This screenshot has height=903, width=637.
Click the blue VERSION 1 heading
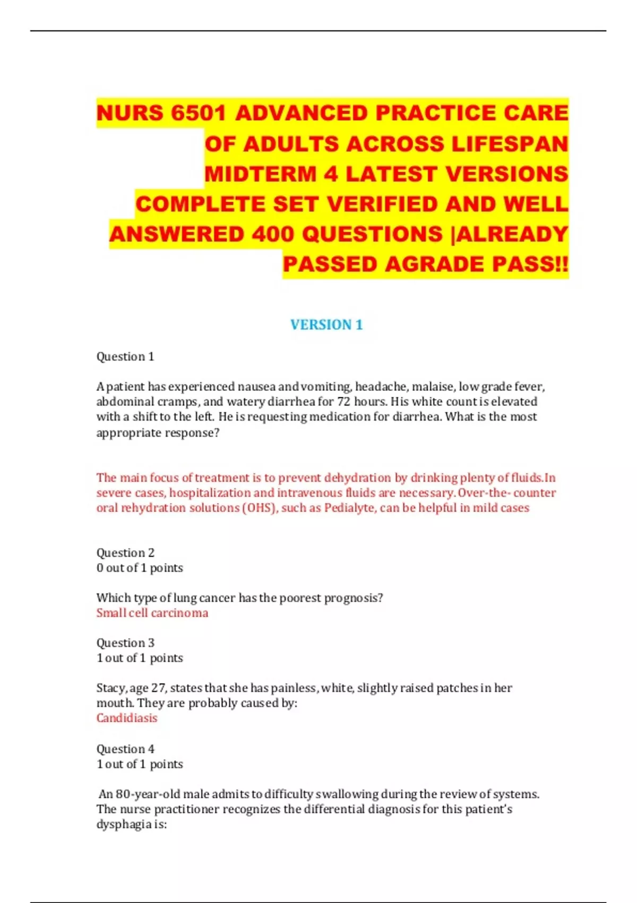326,325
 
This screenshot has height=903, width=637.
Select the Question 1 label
125,356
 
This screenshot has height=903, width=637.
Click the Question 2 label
125,552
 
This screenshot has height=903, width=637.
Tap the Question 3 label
125,643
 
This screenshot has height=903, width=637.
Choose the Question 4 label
125,749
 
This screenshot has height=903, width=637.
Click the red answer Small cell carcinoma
152,613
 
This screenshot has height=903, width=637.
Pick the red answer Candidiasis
127,718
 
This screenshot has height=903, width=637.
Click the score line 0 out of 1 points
140,568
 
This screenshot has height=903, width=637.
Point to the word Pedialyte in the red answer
349,508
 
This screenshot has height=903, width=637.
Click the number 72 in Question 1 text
344,402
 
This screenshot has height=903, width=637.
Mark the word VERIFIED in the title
383,205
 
